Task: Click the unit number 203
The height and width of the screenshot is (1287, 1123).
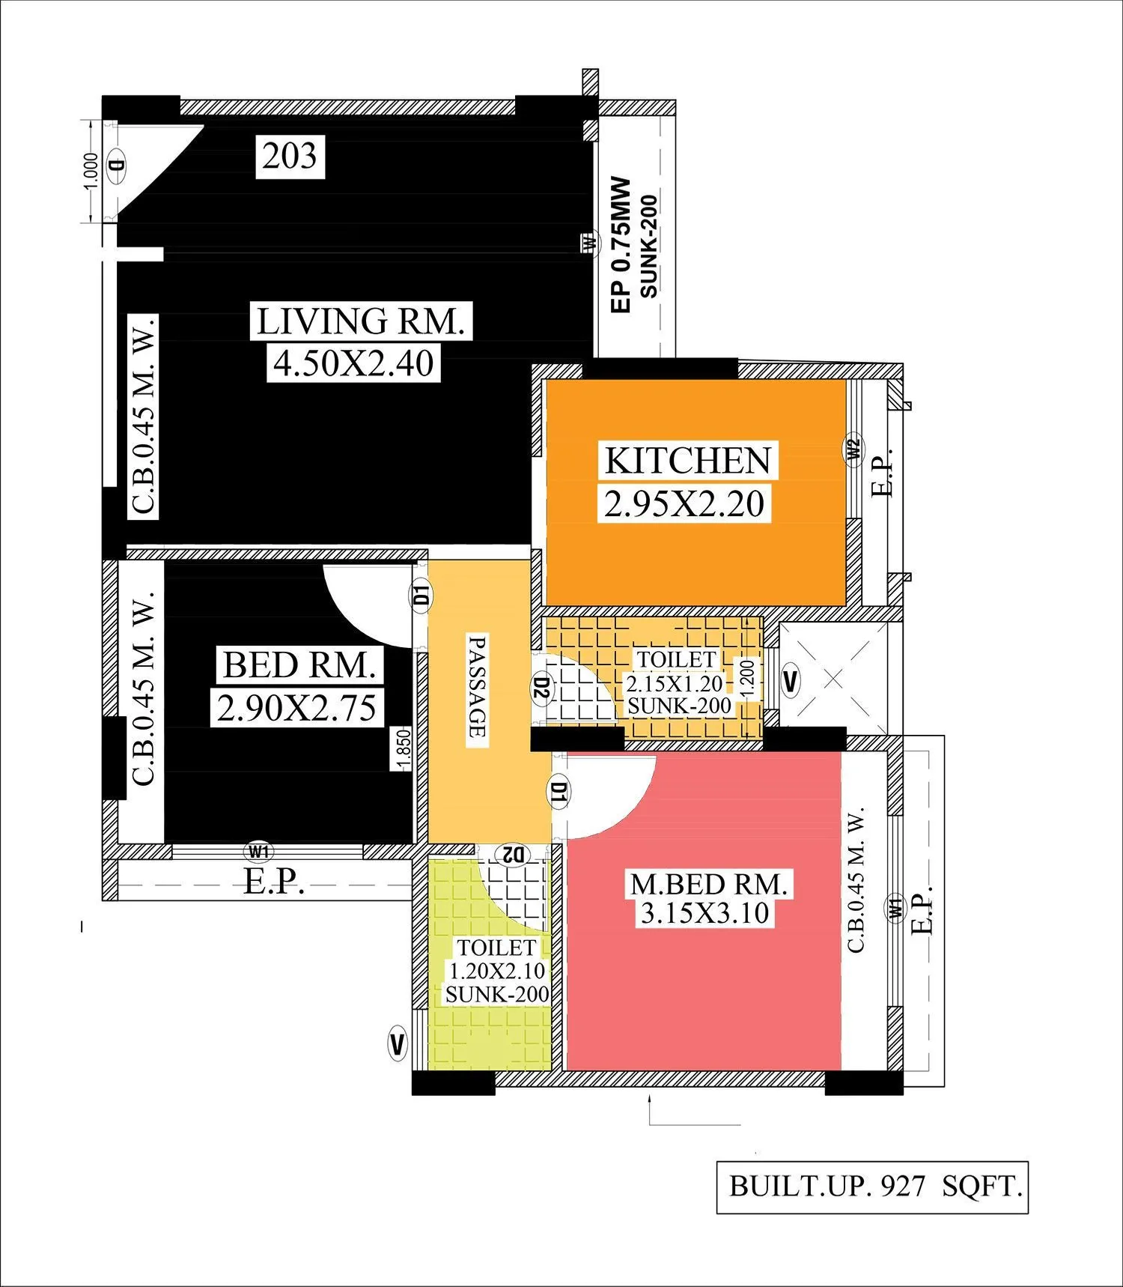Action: (x=290, y=157)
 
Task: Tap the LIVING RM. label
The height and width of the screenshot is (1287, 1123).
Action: (x=361, y=322)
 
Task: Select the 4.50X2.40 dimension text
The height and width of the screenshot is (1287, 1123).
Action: (x=353, y=363)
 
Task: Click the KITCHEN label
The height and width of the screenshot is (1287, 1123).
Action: (x=687, y=461)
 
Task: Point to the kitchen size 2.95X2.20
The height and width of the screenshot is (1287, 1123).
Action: (x=684, y=503)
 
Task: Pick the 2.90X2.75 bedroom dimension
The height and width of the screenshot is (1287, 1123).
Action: (x=296, y=708)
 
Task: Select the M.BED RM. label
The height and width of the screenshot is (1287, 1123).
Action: (x=709, y=884)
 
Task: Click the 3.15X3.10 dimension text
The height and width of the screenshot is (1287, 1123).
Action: (x=704, y=913)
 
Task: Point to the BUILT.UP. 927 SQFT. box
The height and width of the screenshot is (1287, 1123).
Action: (x=873, y=1187)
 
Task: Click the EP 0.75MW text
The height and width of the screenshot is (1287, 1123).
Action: (x=621, y=245)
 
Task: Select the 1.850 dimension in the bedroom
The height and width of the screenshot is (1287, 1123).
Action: (x=403, y=750)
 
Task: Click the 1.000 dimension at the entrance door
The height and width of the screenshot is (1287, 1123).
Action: (x=90, y=173)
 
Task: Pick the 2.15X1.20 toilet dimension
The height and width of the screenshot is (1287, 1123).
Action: (x=675, y=683)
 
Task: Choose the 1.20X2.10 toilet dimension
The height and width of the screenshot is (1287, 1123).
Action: (x=496, y=971)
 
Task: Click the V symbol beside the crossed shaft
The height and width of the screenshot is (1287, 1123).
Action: (x=791, y=681)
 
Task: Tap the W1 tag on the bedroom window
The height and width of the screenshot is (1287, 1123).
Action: (x=259, y=851)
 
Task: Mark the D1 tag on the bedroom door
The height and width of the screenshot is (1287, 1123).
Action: (x=421, y=596)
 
